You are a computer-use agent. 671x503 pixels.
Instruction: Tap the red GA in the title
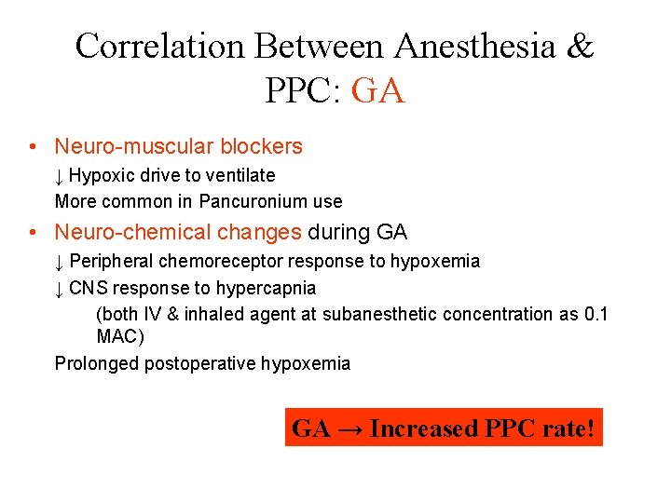pos(379,90)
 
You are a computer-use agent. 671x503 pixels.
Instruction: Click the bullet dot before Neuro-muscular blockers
pos(33,147)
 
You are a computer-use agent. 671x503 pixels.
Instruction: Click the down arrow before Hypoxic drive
pos(59,176)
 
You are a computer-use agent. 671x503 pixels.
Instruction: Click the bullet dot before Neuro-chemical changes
pos(33,232)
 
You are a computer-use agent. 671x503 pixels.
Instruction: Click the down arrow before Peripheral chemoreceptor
pos(59,262)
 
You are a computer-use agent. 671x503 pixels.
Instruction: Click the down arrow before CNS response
pos(59,289)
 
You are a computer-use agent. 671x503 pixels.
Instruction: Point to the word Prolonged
pos(96,363)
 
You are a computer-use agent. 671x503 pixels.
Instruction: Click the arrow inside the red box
pos(350,428)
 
